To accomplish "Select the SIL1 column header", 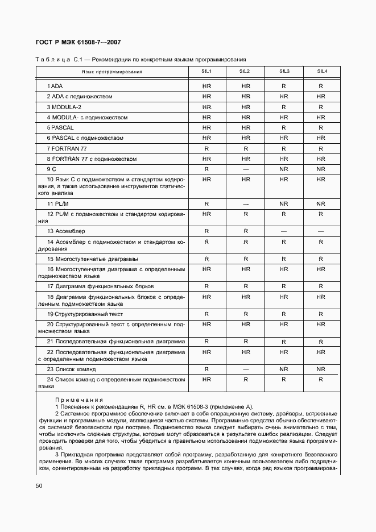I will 206,72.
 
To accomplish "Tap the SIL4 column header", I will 321,72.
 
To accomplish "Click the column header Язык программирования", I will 112,72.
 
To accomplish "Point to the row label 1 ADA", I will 55,86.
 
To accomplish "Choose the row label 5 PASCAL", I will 60,128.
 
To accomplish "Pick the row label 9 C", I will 52,169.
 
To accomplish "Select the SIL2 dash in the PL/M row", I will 246,203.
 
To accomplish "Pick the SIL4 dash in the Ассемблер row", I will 321,231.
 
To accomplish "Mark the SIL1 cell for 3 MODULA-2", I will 206,107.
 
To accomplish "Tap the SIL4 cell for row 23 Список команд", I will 321,369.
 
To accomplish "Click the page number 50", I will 39,486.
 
